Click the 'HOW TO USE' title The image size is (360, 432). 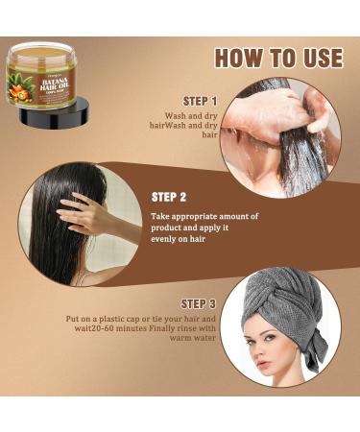(x=276, y=58)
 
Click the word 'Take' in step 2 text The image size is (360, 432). (x=163, y=216)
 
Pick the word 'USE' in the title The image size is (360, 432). (x=317, y=58)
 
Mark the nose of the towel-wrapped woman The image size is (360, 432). (x=265, y=356)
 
